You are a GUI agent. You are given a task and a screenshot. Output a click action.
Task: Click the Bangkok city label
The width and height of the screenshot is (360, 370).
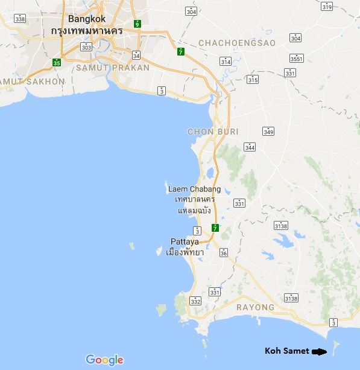click(87, 19)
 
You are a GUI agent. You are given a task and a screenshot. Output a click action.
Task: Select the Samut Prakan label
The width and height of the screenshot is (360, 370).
click(113, 68)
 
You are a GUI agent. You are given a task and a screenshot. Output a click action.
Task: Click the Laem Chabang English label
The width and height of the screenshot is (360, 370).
click(194, 189)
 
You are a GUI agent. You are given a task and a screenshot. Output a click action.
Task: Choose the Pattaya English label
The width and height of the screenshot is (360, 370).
click(185, 241)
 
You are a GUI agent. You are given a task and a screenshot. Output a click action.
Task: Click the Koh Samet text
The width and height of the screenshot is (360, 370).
click(286, 351)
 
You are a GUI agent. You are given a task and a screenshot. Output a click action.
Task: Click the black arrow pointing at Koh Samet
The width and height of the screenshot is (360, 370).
click(318, 351)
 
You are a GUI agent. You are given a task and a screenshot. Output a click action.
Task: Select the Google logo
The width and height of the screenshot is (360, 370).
click(104, 360)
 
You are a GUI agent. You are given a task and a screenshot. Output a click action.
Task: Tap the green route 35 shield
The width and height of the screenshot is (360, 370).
click(57, 62)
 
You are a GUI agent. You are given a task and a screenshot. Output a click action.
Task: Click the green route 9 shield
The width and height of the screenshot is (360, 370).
click(137, 24)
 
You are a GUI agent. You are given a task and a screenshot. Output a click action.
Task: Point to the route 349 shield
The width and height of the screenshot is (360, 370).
click(268, 132)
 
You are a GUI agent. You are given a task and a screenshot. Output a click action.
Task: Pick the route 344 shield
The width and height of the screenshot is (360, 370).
click(250, 147)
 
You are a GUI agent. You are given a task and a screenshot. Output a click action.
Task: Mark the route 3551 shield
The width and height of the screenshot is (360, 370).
click(297, 59)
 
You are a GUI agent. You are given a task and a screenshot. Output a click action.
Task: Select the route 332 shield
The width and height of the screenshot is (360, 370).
click(195, 300)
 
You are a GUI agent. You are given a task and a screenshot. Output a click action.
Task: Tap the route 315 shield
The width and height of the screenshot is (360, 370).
click(252, 80)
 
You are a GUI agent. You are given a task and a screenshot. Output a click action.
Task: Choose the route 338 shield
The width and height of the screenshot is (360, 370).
click(21, 19)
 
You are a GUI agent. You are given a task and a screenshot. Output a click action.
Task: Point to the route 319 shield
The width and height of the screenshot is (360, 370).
click(327, 7)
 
